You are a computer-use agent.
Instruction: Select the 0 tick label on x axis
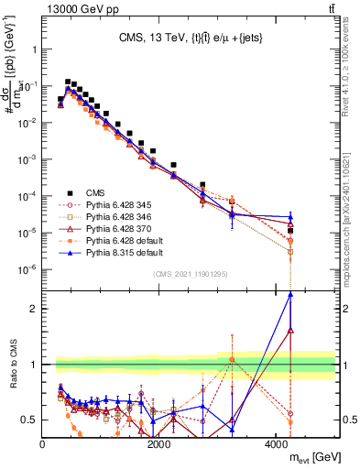tap(42, 444)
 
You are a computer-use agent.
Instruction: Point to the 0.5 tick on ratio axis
tap(31, 420)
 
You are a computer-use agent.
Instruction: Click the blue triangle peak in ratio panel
tap(290, 294)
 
